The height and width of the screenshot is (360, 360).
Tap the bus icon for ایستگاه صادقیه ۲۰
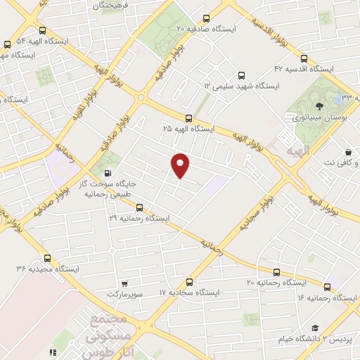(205, 19)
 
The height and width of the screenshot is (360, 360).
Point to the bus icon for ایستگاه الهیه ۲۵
(188, 118)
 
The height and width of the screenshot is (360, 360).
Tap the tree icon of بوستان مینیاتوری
(321, 106)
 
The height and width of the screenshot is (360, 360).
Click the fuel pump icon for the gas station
(107, 173)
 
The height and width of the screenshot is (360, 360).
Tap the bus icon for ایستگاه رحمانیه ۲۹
(139, 207)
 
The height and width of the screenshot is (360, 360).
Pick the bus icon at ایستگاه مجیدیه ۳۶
(47, 258)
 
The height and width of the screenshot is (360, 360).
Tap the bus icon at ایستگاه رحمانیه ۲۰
(276, 271)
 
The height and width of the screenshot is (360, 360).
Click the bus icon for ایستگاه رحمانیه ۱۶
(328, 287)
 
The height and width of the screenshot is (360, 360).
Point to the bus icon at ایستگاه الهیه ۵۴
(43, 30)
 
